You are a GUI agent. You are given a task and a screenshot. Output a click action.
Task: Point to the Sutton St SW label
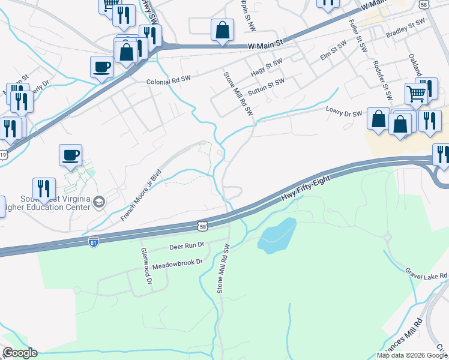click(266, 87)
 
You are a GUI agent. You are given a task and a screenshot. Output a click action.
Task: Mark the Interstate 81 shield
click(93, 242)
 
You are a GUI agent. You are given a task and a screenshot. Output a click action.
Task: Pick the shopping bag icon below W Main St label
click(222, 30)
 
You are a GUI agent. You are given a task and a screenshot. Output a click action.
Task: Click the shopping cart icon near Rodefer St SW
click(415, 94)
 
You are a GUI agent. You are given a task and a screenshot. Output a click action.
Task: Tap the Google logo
click(20, 353)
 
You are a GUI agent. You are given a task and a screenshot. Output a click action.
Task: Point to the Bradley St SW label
click(405, 28)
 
